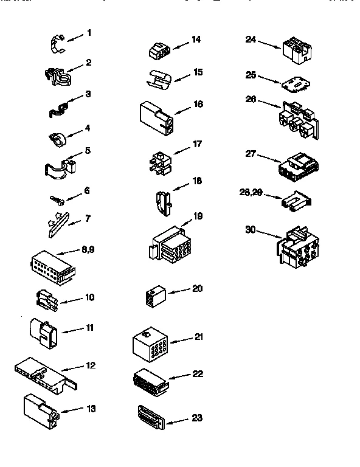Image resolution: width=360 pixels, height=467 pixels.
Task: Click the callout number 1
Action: point(89,32)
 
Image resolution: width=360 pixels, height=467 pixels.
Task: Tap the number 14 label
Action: point(196,40)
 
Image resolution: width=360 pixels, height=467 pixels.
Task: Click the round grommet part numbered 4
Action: point(57,139)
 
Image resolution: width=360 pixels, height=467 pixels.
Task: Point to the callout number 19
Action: point(196,216)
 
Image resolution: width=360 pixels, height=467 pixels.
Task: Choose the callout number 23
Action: point(196,418)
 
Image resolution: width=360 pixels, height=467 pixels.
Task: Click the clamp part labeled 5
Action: point(58,168)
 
